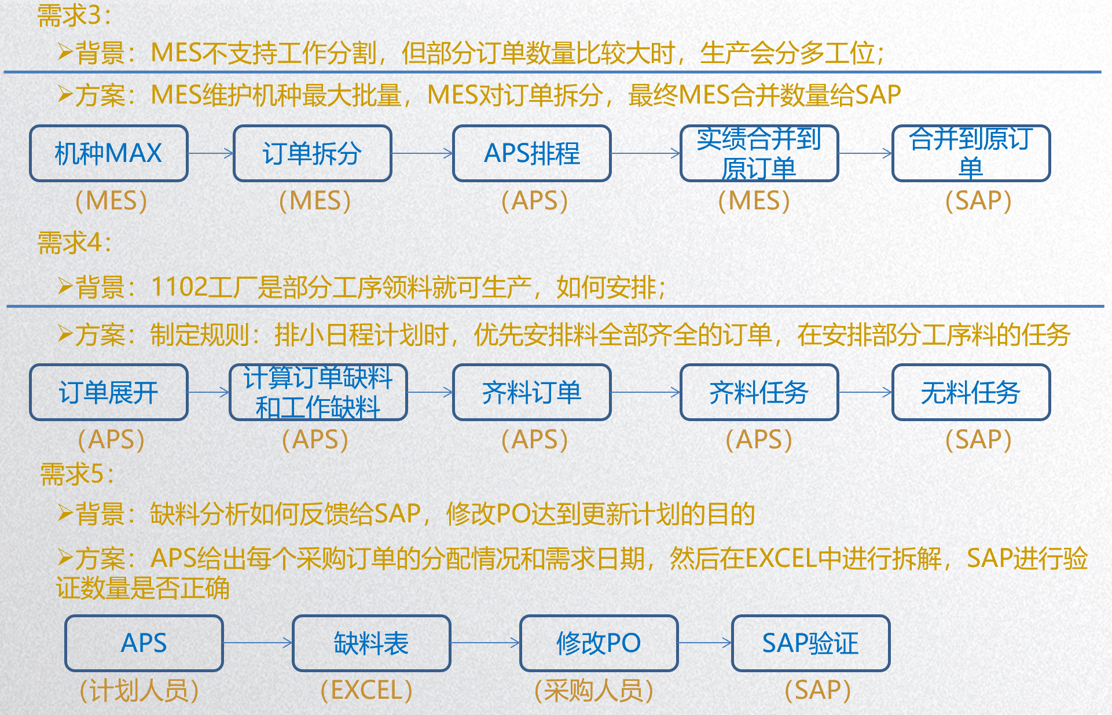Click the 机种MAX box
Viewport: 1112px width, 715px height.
coord(109,153)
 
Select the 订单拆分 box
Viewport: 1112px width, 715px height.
coord(313,153)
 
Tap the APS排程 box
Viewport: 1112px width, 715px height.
coord(532,153)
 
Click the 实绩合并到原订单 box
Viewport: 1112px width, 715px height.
coord(759,153)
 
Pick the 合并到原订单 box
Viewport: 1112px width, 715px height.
coord(971,153)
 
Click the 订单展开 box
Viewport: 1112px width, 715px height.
coord(109,392)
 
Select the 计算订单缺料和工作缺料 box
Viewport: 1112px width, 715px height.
coord(318,392)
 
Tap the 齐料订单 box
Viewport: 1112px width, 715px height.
coord(532,392)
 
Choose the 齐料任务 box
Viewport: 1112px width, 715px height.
coord(759,392)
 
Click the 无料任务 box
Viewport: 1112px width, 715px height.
coord(971,392)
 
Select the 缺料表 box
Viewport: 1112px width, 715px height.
coord(372,643)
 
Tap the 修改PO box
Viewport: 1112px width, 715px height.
coord(599,643)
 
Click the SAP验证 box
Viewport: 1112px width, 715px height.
coord(811,643)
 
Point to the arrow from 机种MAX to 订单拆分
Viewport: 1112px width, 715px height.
coord(211,153)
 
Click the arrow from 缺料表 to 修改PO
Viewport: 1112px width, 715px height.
coord(486,643)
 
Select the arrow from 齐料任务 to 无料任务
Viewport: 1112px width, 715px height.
coord(865,392)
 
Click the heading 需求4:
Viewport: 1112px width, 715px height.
coord(74,242)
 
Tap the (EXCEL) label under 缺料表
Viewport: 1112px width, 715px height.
coord(366,690)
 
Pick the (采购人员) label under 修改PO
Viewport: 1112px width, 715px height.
coord(594,690)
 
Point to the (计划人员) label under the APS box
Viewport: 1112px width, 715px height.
coord(139,690)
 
